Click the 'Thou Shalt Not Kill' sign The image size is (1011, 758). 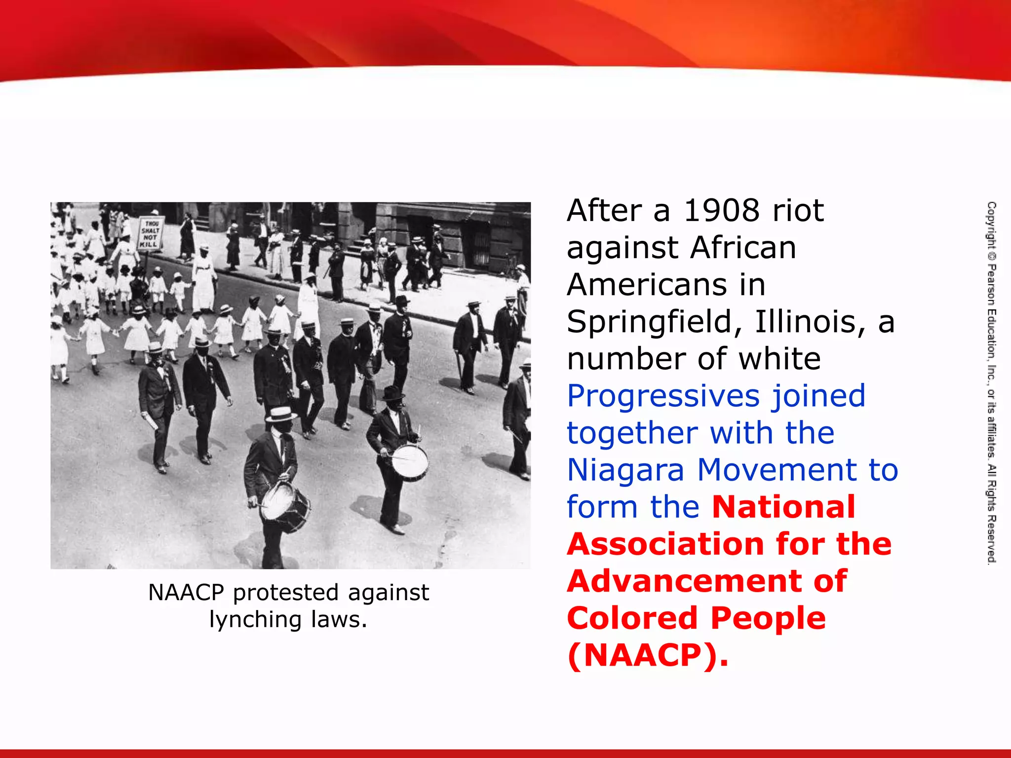pos(150,233)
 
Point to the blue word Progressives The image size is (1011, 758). pos(659,396)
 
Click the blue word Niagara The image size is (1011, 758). pos(625,470)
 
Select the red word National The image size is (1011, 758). pos(783,507)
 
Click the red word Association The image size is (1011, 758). pos(666,544)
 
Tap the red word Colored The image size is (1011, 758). pos(632,618)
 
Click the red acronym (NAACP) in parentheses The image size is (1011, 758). pos(647,655)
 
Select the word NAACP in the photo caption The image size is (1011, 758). pos(186,592)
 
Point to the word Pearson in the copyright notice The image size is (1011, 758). pos(991,286)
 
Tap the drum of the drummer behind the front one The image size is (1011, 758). pos(410,463)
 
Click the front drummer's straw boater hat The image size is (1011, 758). pos(280,414)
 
